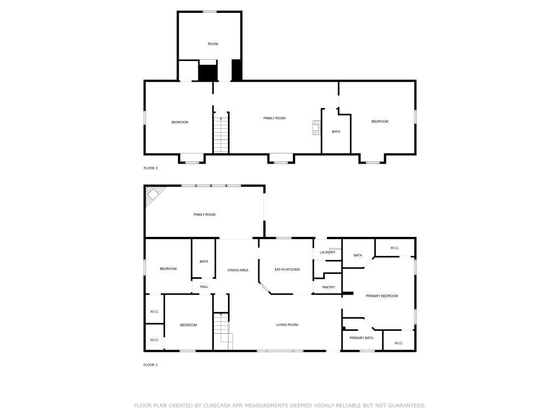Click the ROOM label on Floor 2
[x=213, y=44]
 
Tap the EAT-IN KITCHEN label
[x=287, y=269]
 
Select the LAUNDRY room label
[x=327, y=252]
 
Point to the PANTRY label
[x=328, y=287]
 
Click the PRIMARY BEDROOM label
[x=381, y=296]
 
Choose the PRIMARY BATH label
[x=361, y=338]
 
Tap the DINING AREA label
[x=237, y=270]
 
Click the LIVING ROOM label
[x=287, y=325]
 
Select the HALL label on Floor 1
[x=204, y=287]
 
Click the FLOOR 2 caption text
[x=151, y=168]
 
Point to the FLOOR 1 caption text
[x=151, y=365]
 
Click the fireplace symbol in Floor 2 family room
[x=317, y=128]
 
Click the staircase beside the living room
[x=223, y=332]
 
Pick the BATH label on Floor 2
[x=335, y=132]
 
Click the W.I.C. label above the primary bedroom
[x=394, y=248]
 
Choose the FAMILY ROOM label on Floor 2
[x=274, y=118]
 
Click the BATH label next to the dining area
[x=203, y=261]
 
